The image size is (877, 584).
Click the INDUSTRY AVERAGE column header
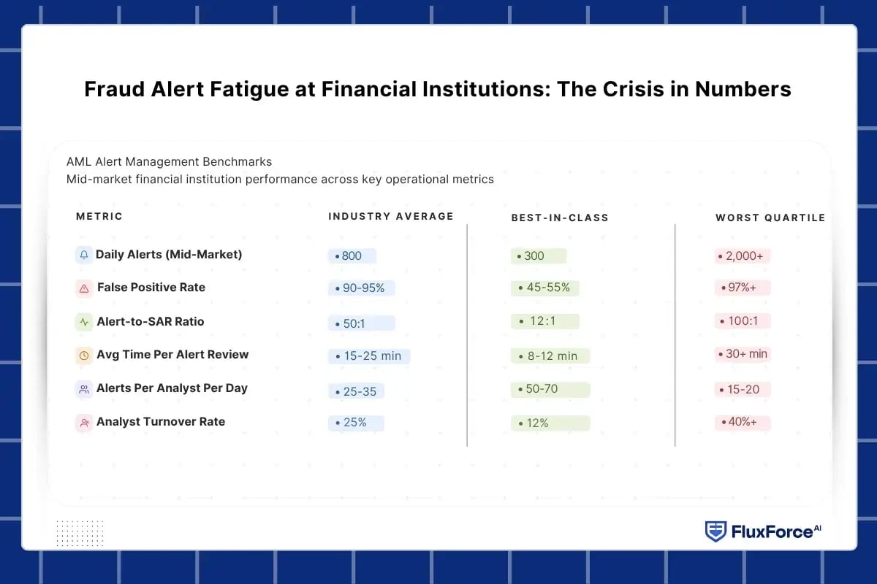(x=391, y=216)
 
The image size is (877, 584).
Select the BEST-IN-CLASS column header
(x=560, y=218)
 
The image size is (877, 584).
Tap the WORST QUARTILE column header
(x=770, y=218)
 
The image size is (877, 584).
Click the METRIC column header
(x=99, y=216)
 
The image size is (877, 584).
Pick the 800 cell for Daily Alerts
(x=352, y=256)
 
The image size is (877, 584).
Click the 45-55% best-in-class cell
(x=544, y=288)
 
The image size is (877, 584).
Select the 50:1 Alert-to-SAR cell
(x=361, y=323)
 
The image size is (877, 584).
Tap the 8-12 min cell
(x=550, y=356)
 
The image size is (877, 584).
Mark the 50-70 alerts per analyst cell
(x=550, y=389)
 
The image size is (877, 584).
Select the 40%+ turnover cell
(x=742, y=422)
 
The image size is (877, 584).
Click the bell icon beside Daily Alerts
(x=84, y=255)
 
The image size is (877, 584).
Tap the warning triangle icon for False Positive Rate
(x=84, y=288)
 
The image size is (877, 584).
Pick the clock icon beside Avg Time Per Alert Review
(x=84, y=356)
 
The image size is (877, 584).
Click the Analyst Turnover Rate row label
(x=161, y=422)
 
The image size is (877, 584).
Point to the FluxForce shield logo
(x=715, y=531)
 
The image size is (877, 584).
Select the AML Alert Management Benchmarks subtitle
(x=169, y=161)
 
